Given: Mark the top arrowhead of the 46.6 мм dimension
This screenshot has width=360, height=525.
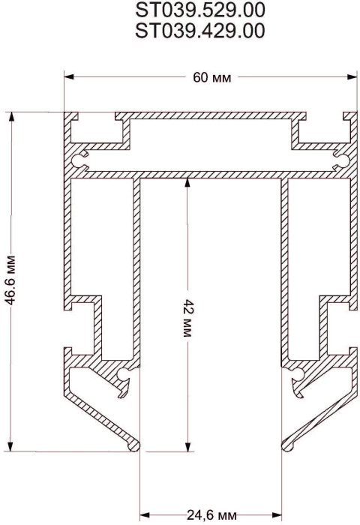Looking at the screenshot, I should (x=10, y=117).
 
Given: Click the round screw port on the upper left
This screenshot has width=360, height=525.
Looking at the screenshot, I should (x=82, y=157).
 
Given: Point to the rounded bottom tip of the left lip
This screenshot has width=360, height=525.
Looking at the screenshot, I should (x=136, y=446).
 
